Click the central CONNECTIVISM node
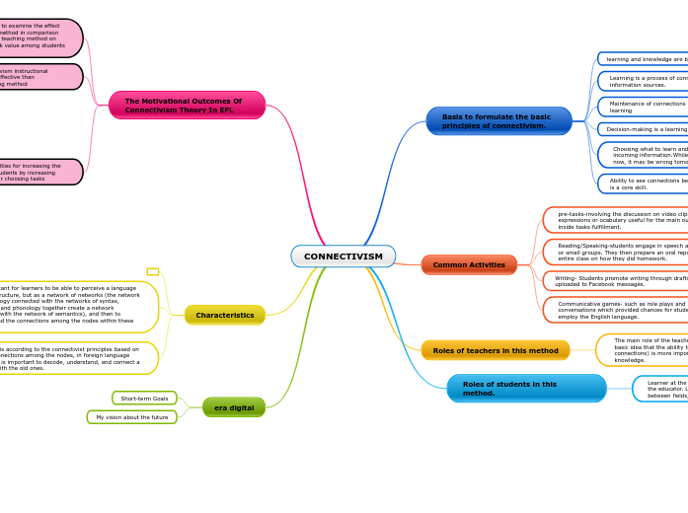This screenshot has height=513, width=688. coord(343,256)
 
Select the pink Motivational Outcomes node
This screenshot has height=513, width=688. coord(187,105)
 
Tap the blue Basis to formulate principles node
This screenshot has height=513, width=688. coord(498,120)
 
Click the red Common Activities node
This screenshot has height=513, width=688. coord(469,264)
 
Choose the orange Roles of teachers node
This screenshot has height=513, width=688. coord(496,350)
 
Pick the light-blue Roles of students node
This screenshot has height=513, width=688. coord(526,388)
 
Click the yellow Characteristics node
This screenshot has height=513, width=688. coord(224,315)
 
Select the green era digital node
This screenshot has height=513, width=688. coord(234,407)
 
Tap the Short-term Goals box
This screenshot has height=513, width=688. coord(144,398)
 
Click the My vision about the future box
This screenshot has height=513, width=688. coord(131,417)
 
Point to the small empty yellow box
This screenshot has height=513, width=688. coord(153,271)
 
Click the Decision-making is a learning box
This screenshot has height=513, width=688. coord(644,129)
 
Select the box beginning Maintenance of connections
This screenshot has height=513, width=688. coord(644,107)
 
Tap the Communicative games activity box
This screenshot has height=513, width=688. coord(617,310)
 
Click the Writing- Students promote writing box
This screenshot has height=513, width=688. coord(617,281)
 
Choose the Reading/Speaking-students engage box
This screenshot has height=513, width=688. coord(617,252)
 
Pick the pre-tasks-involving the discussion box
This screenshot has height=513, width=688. coord(617,220)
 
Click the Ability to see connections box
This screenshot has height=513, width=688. coord(644,183)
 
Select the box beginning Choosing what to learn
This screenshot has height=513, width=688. coord(644,155)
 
